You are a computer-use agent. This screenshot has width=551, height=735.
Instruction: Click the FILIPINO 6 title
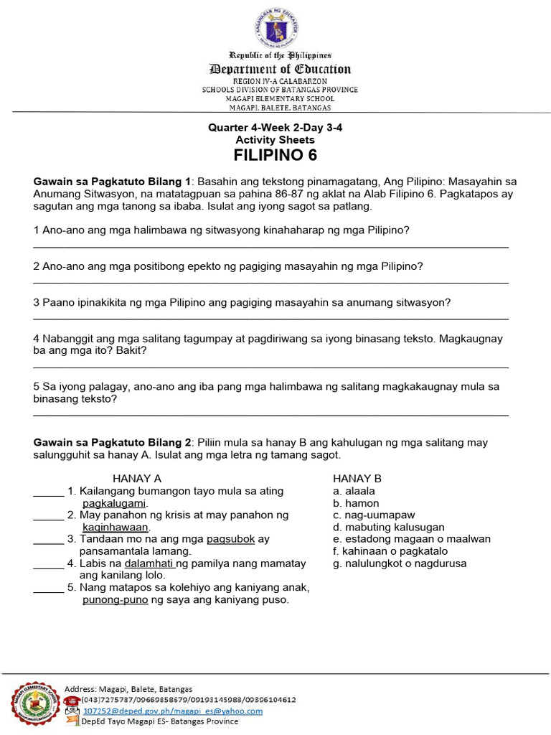275,156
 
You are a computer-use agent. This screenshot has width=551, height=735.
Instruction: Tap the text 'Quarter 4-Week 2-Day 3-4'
275,128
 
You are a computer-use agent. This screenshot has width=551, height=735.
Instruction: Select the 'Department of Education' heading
280,69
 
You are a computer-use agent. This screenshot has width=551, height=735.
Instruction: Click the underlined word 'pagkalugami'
115,503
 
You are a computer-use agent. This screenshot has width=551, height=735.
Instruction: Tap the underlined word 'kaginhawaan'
116,528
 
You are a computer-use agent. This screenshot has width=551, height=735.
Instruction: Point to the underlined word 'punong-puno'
116,600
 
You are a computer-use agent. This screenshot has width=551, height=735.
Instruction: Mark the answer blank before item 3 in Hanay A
48,539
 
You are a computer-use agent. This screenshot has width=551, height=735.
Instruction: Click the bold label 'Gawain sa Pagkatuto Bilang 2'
113,443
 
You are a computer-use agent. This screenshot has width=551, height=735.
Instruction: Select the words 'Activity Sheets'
275,140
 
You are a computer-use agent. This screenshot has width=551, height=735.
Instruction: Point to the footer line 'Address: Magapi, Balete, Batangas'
128,688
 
